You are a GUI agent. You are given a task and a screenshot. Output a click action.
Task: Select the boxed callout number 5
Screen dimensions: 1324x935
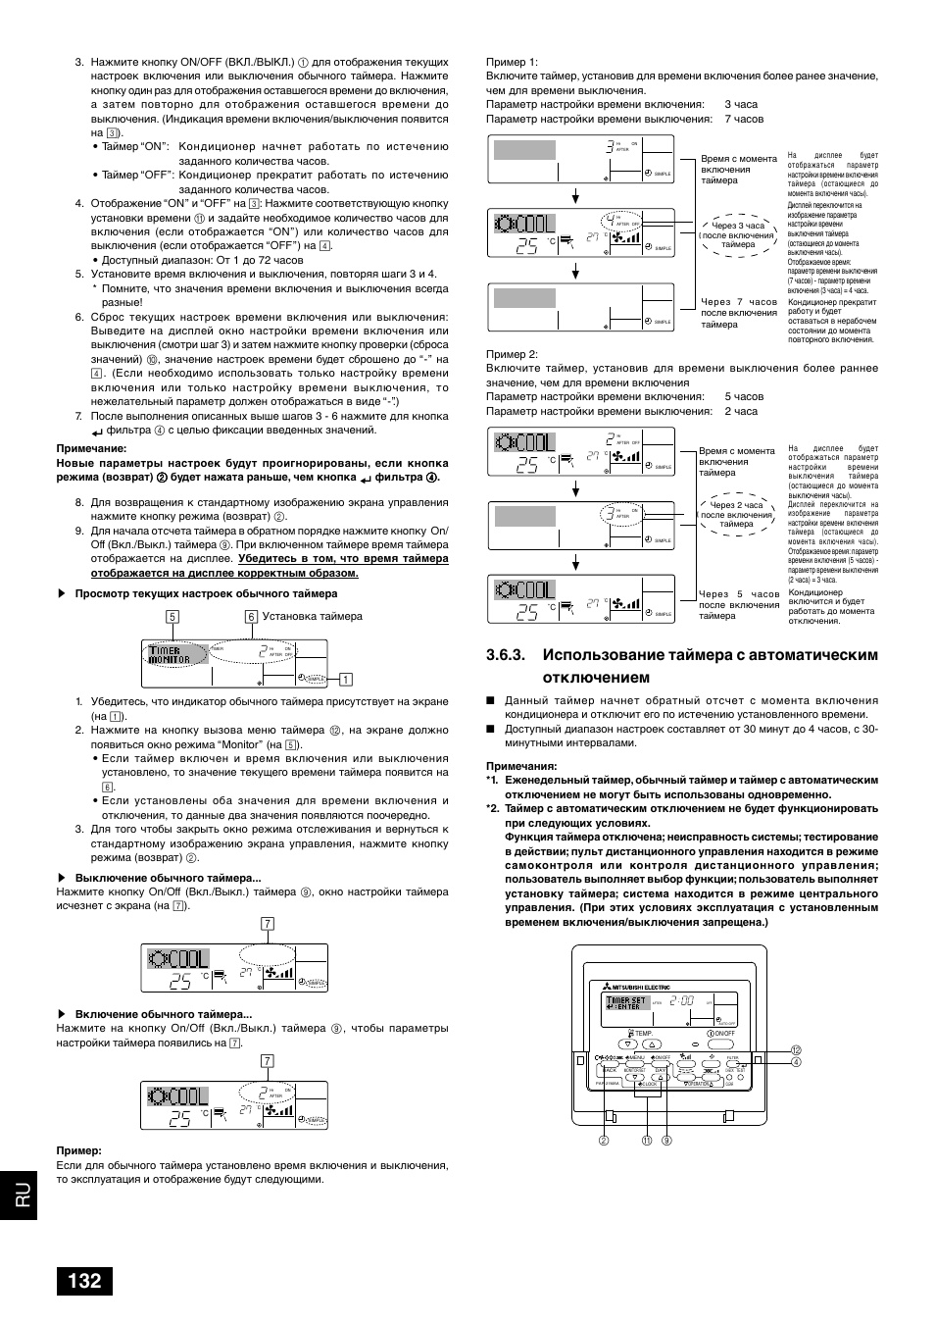click(172, 617)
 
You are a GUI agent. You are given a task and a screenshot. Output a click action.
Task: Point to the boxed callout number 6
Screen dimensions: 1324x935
click(251, 617)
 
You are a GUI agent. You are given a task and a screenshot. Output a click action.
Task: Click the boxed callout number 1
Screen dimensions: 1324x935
click(345, 679)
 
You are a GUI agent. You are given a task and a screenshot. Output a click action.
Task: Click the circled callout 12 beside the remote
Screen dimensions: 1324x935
click(797, 1050)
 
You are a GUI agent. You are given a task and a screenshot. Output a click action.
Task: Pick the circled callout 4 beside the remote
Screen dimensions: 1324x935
click(797, 1062)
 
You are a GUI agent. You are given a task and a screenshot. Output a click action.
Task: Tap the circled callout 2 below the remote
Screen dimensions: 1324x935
click(605, 1140)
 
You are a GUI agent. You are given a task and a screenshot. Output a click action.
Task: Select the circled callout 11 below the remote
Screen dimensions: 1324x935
click(647, 1140)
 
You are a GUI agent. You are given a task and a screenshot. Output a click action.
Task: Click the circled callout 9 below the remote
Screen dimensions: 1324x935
click(665, 1140)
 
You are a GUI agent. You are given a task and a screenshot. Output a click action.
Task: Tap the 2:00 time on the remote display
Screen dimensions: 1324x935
click(682, 1001)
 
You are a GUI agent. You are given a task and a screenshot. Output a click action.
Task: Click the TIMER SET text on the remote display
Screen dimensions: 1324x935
click(624, 1001)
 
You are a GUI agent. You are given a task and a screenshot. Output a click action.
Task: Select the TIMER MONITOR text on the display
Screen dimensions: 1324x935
click(171, 655)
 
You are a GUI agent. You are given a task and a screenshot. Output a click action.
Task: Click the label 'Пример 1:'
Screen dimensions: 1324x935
click(512, 62)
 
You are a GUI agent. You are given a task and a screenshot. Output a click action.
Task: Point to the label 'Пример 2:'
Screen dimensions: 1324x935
click(512, 354)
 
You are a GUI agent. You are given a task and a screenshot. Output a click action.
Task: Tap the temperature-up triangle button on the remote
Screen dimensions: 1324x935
click(653, 1045)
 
